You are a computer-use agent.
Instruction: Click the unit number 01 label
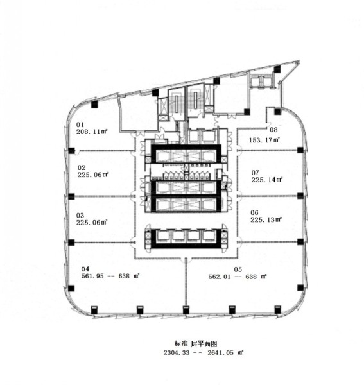(x=80, y=124)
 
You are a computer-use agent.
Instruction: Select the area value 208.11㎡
(x=92, y=132)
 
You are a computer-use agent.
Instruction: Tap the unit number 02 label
(x=82, y=167)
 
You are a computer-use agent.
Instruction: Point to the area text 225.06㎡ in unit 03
(x=92, y=223)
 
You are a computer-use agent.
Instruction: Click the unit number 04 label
(x=85, y=269)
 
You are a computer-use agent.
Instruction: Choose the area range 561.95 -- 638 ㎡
(x=110, y=276)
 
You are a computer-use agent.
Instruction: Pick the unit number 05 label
(x=238, y=270)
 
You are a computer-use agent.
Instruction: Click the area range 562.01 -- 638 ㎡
(x=238, y=277)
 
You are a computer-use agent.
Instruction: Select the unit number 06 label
(x=254, y=213)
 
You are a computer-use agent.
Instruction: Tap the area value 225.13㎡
(x=266, y=219)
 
